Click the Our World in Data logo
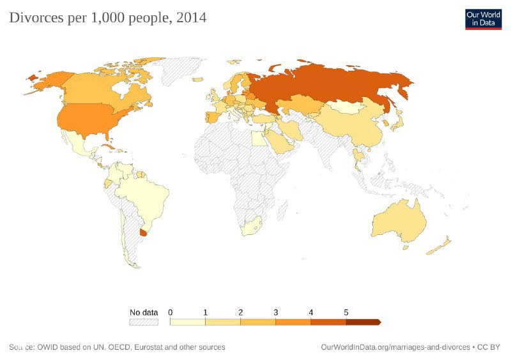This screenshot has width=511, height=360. click(x=483, y=19)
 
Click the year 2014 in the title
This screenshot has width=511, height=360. click(x=192, y=18)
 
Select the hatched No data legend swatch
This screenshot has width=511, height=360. click(x=143, y=322)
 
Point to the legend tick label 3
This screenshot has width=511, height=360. click(x=276, y=312)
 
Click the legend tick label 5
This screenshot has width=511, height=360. click(x=346, y=312)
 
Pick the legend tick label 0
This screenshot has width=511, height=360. click(x=171, y=312)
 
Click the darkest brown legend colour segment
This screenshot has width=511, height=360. click(x=362, y=322)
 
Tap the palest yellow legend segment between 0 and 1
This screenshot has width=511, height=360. click(x=188, y=322)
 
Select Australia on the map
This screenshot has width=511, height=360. click(x=399, y=221)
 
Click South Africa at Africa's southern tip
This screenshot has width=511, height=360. click(x=250, y=227)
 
